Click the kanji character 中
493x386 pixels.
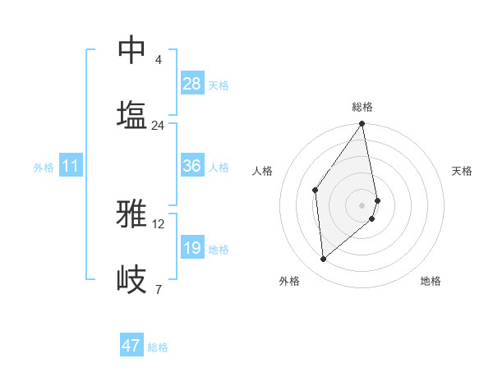click(x=132, y=51)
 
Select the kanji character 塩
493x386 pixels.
click(x=132, y=114)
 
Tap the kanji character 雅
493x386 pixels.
click(x=132, y=214)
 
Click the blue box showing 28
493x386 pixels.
click(x=192, y=84)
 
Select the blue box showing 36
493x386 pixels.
click(x=192, y=166)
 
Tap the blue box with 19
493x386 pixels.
click(x=192, y=248)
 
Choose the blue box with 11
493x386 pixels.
click(x=71, y=166)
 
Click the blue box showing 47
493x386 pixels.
click(x=131, y=346)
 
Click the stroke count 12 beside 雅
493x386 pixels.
click(x=159, y=223)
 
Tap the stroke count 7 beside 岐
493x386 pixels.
click(x=159, y=289)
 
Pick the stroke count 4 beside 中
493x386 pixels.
click(x=159, y=60)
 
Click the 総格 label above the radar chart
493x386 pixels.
click(x=362, y=107)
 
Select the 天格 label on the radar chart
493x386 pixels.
click(x=462, y=171)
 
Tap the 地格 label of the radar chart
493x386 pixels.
click(x=431, y=281)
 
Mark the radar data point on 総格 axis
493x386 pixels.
click(x=362, y=125)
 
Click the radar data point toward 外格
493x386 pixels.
click(x=324, y=259)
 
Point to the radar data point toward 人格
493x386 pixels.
click(x=316, y=191)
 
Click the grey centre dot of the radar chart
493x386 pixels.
click(x=362, y=204)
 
